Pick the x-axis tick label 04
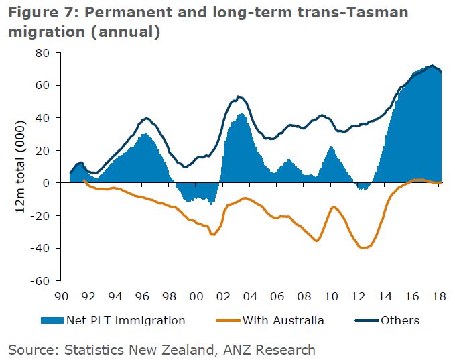pos(250,296)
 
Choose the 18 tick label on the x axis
pos(438,296)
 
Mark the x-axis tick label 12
pos(358,296)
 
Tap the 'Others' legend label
pos(400,320)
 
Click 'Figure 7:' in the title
pos(38,13)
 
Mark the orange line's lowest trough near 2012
pos(365,248)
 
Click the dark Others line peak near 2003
pos(239,97)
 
